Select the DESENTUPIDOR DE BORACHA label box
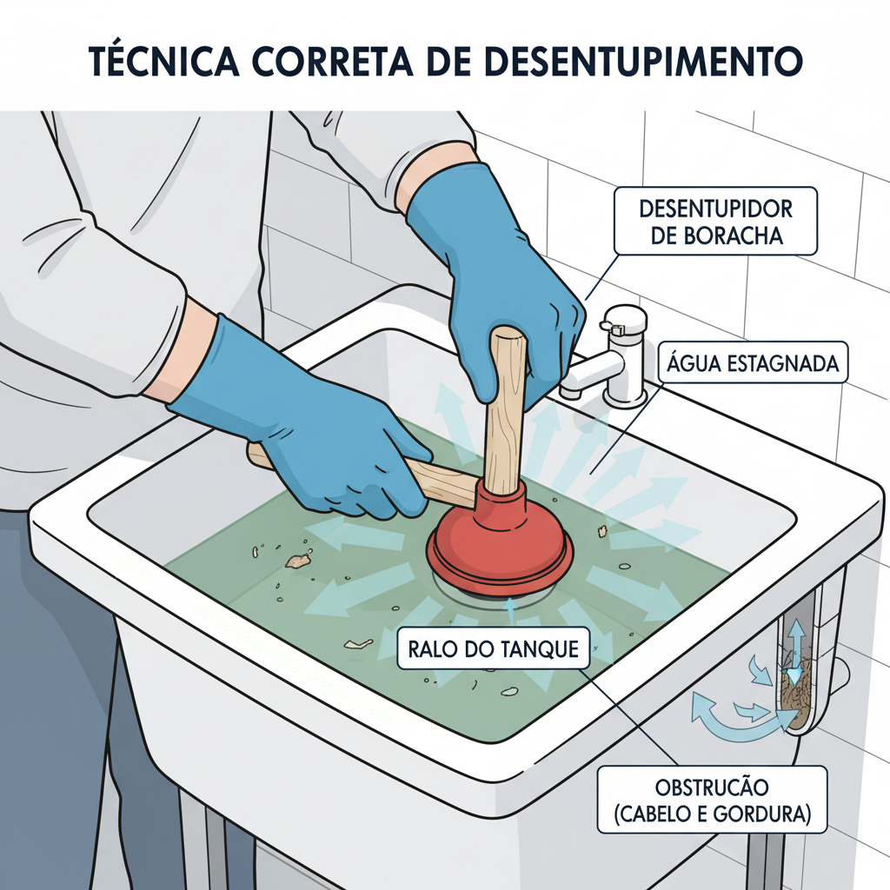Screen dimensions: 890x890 point(715,221)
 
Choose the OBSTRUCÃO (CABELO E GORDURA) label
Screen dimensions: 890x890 point(712,800)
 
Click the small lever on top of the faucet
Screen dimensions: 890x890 point(614,329)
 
